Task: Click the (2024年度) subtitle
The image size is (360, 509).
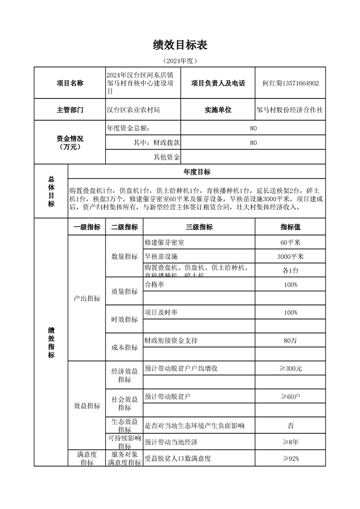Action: pyautogui.click(x=180, y=60)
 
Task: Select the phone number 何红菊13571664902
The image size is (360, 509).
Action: pyautogui.click(x=291, y=83)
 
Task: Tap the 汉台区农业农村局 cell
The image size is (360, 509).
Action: pyautogui.click(x=133, y=110)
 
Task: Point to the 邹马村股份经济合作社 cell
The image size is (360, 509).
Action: pyautogui.click(x=290, y=110)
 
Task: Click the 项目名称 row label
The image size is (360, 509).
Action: pyautogui.click(x=70, y=83)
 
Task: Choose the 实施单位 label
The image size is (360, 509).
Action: pyautogui.click(x=218, y=110)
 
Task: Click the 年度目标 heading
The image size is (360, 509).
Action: pyautogui.click(x=197, y=171)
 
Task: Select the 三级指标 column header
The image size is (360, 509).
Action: pyautogui.click(x=199, y=227)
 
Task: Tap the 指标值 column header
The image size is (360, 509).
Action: pyautogui.click(x=291, y=227)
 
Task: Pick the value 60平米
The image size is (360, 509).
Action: pyautogui.click(x=291, y=243)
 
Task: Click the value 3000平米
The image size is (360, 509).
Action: pyautogui.click(x=291, y=256)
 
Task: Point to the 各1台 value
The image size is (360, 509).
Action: pyautogui.click(x=291, y=270)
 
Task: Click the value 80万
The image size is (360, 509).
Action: pyautogui.click(x=291, y=340)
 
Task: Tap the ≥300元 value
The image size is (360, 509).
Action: pyautogui.click(x=291, y=368)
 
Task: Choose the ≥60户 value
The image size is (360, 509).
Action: pyautogui.click(x=291, y=396)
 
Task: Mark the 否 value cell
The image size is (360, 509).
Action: pyautogui.click(x=291, y=426)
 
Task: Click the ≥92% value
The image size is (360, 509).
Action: pyautogui.click(x=291, y=458)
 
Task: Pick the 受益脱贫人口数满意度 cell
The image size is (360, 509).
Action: pyautogui.click(x=178, y=458)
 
